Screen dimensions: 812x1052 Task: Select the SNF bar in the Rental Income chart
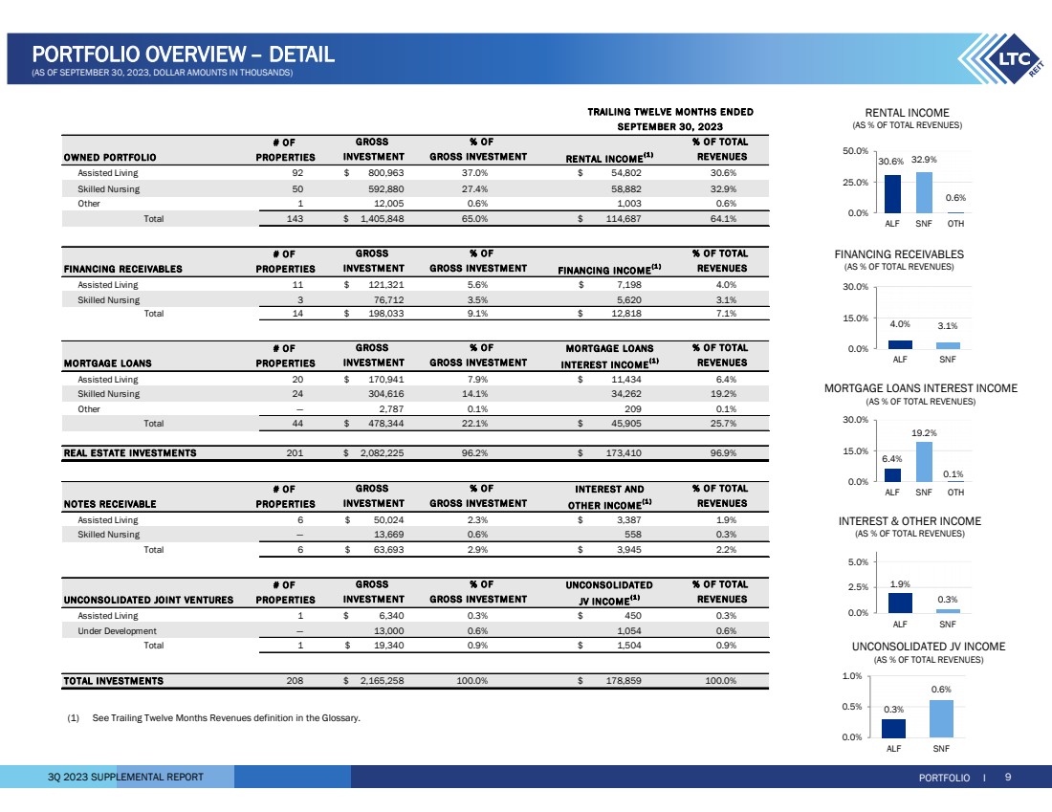pos(923,192)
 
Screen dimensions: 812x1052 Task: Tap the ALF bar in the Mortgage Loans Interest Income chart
pos(892,474)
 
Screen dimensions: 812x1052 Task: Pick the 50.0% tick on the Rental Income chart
pos(855,151)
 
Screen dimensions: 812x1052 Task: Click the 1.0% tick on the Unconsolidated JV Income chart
pos(855,676)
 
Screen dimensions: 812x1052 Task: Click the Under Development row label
pos(117,631)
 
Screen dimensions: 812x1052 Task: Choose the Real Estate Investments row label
pos(129,453)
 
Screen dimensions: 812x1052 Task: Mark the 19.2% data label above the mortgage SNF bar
pos(924,433)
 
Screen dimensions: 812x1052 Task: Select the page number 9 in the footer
pos(1007,777)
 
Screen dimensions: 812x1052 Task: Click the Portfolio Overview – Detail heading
pos(183,55)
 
